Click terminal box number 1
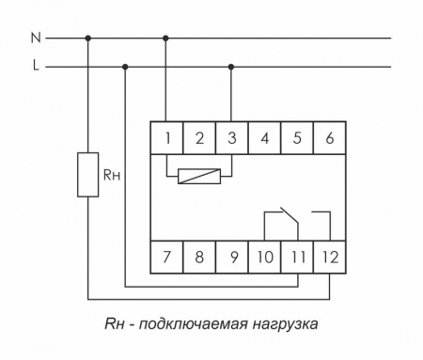point(166,139)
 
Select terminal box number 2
point(199,139)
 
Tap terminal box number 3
point(231,139)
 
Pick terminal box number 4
point(264,139)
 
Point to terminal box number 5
point(297,139)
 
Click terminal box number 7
point(166,254)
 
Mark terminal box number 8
point(199,254)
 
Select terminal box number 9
point(231,254)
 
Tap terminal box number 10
point(264,254)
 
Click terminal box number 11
point(297,254)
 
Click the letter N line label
point(36,39)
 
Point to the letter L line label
point(36,67)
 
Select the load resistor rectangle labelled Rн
point(88,174)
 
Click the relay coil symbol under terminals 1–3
point(199,174)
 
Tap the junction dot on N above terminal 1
point(166,39)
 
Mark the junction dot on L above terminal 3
point(231,67)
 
